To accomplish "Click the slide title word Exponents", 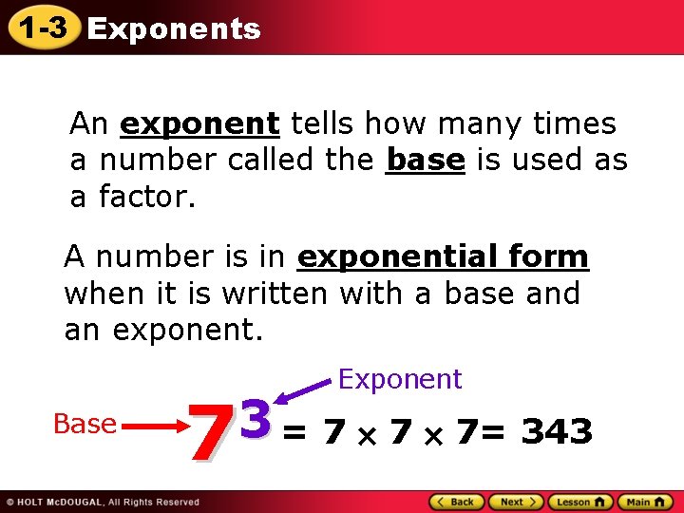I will point(173,29).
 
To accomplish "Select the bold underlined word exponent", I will point(199,124).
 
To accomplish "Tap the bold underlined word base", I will point(426,161).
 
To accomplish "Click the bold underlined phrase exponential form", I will point(444,256).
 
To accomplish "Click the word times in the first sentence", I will point(576,124).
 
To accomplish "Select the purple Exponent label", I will point(400,379).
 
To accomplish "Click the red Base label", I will point(85,424).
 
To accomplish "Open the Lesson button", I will point(579,502).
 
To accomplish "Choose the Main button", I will point(645,502).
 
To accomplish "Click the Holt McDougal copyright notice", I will point(103,502).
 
